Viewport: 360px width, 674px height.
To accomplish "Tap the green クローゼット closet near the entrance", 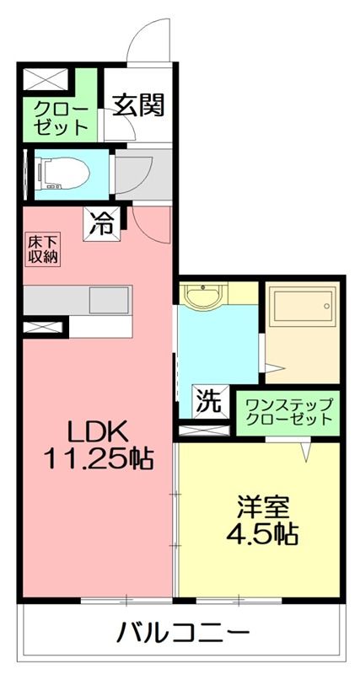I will pos(61,119).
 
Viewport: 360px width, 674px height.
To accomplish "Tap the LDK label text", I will pos(97,433).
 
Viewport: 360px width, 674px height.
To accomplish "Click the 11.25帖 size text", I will pos(97,459).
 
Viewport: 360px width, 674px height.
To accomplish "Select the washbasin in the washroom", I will pos(202,297).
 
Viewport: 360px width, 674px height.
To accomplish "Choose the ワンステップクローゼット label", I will pos(287,411).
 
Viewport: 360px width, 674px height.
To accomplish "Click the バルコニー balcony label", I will pos(183,631).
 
